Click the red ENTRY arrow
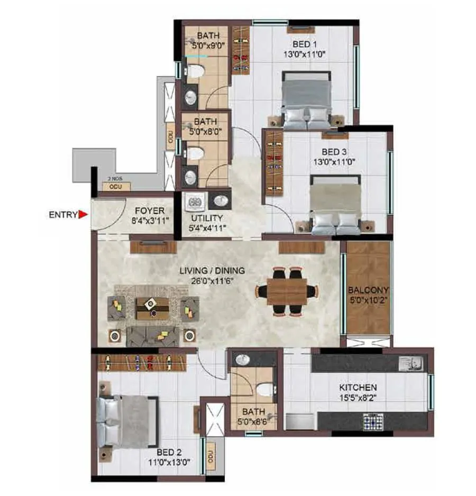click(x=83, y=214)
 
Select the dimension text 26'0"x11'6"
click(x=212, y=280)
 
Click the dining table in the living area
click(x=287, y=291)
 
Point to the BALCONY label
click(x=368, y=290)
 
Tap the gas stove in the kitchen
click(x=374, y=421)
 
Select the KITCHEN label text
click(x=358, y=387)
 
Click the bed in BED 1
click(x=307, y=103)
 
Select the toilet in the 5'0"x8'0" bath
click(x=196, y=153)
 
